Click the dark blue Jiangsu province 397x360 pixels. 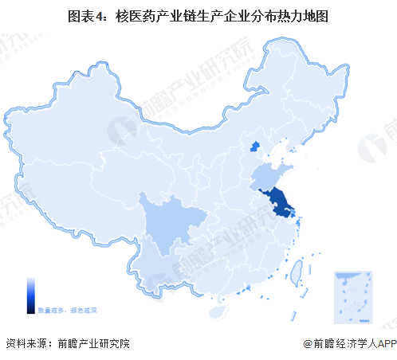pos(279,201)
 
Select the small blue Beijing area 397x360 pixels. pos(255,145)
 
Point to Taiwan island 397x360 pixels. pos(293,273)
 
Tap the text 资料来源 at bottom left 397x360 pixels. pos(24,344)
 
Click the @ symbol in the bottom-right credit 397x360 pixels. pos(308,344)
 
